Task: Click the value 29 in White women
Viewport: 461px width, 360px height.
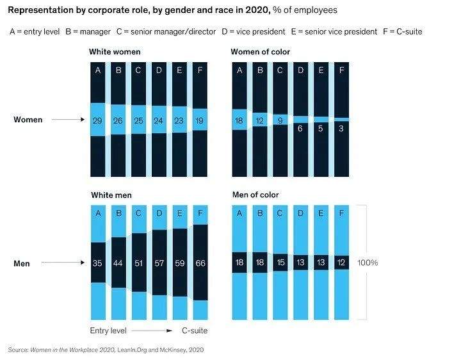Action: [x=98, y=120]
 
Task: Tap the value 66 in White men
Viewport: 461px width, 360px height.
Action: [x=200, y=263]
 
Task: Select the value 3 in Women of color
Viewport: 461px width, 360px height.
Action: [x=343, y=129]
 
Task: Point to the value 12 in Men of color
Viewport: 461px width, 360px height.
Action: [x=343, y=263]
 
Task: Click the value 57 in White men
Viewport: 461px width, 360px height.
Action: [x=159, y=263]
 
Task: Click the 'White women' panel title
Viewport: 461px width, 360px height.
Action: [x=115, y=52]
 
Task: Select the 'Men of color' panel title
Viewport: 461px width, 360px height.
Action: [x=255, y=195]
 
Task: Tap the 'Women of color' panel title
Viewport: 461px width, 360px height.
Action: [x=261, y=52]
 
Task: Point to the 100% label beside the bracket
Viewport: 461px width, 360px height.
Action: [x=385, y=263]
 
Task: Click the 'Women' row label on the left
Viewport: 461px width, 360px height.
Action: [x=28, y=120]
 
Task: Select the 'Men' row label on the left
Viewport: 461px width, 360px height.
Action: [x=22, y=263]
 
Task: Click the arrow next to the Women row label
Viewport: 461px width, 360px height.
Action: [x=69, y=120]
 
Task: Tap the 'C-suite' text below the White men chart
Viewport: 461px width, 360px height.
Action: [x=195, y=331]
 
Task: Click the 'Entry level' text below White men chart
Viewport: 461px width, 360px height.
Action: [x=108, y=331]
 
